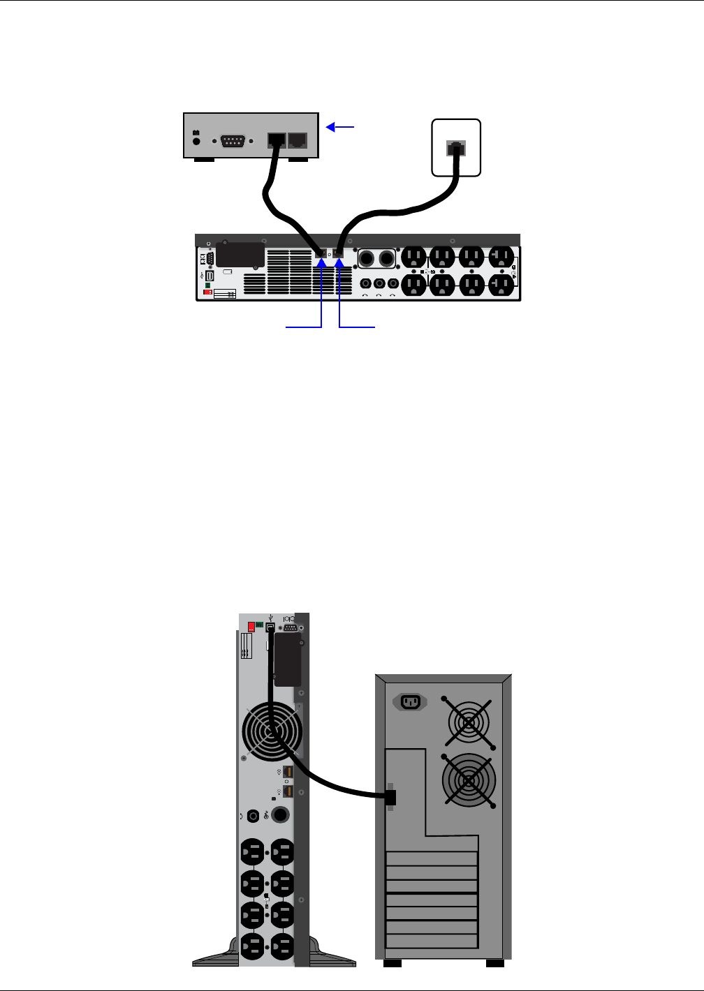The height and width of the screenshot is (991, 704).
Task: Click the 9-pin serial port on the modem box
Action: coord(232,140)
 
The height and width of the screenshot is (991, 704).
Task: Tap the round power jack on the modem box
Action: coord(196,140)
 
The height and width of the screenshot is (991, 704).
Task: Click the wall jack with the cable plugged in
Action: coord(457,147)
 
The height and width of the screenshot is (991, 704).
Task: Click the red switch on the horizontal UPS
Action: coord(207,292)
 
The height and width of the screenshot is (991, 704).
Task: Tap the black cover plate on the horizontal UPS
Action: coord(240,255)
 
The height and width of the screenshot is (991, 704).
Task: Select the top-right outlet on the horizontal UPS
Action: coord(501,258)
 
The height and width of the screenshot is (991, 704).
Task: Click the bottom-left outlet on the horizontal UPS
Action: coord(413,284)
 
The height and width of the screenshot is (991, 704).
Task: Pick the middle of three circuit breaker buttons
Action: coord(379,284)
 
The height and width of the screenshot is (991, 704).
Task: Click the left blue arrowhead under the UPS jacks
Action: coord(321,262)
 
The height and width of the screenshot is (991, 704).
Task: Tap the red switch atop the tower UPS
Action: coord(251,627)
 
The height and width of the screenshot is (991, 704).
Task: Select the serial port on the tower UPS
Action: coord(290,627)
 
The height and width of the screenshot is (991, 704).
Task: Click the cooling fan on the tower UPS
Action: coord(271,731)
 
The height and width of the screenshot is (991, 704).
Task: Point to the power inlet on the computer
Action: coord(410,702)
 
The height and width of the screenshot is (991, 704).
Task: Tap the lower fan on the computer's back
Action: coord(469,780)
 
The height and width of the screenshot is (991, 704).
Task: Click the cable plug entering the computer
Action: coord(390,797)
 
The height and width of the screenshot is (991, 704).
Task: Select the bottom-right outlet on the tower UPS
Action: coord(282,947)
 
